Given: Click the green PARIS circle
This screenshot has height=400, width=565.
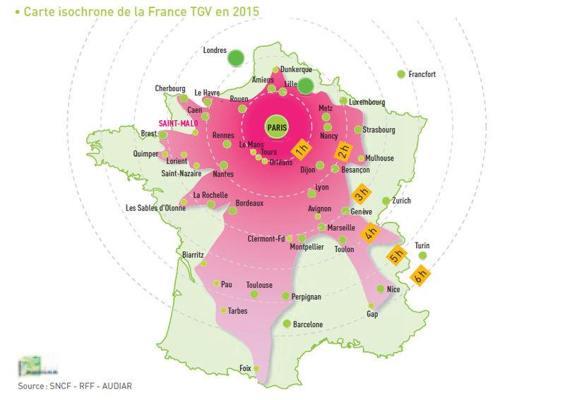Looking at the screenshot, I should click(x=275, y=127).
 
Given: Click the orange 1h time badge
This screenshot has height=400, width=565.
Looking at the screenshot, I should click(x=301, y=150).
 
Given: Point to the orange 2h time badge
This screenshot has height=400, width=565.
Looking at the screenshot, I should click(x=344, y=151).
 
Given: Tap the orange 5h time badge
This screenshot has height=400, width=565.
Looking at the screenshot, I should click(x=395, y=255).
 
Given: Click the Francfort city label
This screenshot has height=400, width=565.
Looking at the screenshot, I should click(x=423, y=73).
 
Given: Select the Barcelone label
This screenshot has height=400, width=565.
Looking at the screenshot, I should click(x=308, y=324).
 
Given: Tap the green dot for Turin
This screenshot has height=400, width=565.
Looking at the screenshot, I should click(x=422, y=255).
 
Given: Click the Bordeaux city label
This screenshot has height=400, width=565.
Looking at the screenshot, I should click(x=249, y=204).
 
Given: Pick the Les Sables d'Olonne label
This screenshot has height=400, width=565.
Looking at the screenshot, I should click(x=155, y=208).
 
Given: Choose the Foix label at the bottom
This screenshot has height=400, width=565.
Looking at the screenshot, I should click(x=246, y=368).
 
